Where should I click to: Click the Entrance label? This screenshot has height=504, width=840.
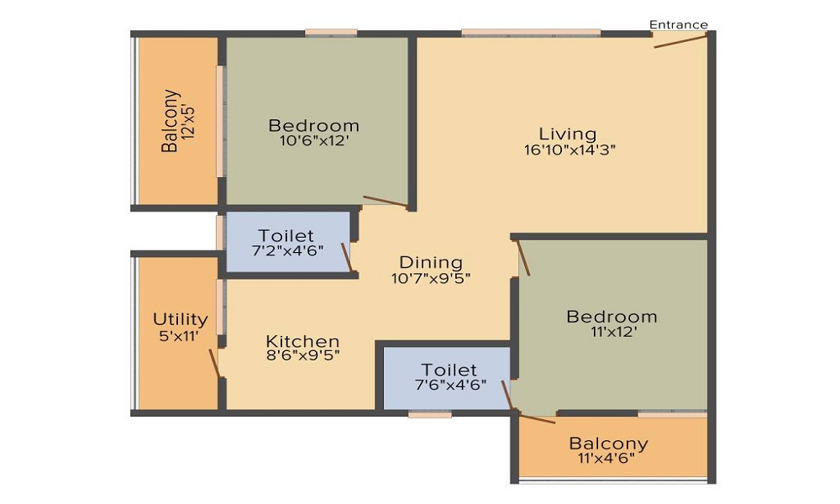click(x=678, y=24)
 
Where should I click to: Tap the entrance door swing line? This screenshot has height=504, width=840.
click(x=680, y=40)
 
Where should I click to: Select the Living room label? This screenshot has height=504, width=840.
click(x=568, y=134)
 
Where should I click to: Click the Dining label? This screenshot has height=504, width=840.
click(x=430, y=262)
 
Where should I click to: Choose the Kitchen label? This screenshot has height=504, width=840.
click(x=302, y=341)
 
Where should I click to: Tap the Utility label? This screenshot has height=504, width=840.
click(x=180, y=319)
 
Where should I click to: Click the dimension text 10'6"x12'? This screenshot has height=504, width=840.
click(x=313, y=142)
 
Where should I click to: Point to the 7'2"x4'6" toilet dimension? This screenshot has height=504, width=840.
click(x=286, y=252)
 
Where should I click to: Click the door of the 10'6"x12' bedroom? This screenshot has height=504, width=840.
click(x=385, y=202)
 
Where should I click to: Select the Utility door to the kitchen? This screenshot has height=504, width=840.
click(x=214, y=363)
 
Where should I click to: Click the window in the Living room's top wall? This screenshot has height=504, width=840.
click(x=531, y=33)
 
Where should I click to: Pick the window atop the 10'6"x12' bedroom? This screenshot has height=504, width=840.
click(x=330, y=33)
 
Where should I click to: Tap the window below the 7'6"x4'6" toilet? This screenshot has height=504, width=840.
click(x=430, y=413)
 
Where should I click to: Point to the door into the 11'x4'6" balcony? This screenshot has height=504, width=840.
click(x=537, y=417)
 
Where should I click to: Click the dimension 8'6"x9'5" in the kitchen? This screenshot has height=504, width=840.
click(x=302, y=355)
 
